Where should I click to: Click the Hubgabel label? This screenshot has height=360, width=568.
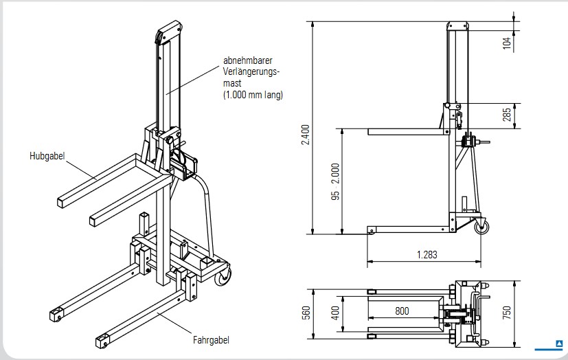[47, 156]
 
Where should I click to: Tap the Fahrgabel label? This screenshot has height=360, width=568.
[211, 339]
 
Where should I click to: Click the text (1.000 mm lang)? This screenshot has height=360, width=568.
[253, 95]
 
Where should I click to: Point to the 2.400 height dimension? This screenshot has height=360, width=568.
[306, 134]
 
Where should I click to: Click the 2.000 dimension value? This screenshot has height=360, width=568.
[335, 174]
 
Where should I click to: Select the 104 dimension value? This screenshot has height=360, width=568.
[507, 43]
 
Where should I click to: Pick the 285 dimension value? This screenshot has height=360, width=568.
[507, 115]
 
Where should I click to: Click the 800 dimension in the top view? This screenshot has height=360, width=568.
[402, 311]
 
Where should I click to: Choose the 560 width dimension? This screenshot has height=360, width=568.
[306, 312]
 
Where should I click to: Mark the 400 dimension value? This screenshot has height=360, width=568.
[336, 312]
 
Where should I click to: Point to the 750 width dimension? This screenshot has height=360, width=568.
[507, 312]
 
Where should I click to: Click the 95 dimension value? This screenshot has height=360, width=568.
[335, 195]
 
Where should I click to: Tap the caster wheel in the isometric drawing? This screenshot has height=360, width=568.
[225, 278]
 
